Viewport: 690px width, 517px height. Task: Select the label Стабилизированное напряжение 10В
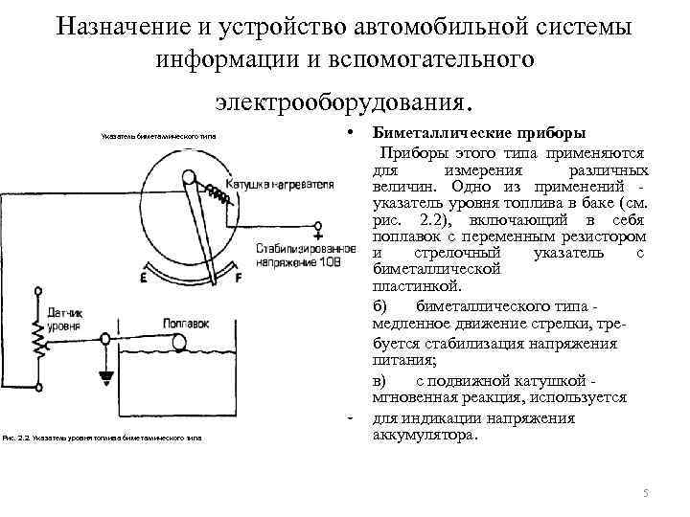[x=298, y=254]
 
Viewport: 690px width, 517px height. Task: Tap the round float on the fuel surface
[x=103, y=336]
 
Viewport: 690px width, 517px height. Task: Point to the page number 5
[x=645, y=493]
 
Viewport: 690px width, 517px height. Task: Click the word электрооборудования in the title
[x=343, y=99]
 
